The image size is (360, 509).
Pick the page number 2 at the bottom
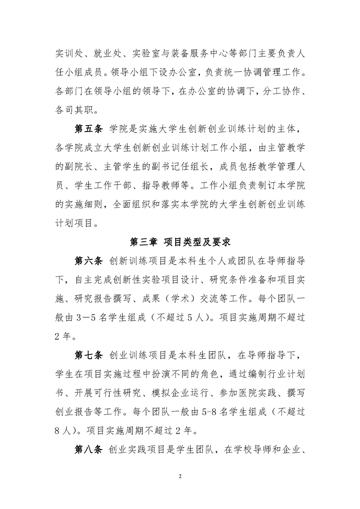click(x=180, y=477)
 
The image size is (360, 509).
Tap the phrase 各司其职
click(x=75, y=109)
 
